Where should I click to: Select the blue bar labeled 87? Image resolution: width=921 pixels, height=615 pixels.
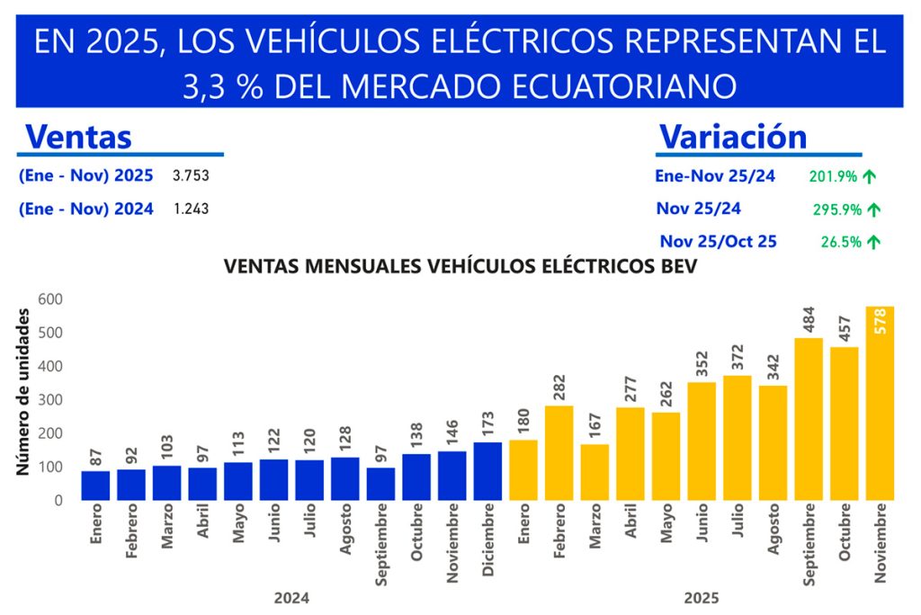[x=95, y=485]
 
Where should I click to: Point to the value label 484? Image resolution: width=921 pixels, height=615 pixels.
[x=809, y=320]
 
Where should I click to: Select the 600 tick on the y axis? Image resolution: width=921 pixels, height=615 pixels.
[x=50, y=299]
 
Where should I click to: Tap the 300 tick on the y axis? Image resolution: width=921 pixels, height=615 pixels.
[x=50, y=399]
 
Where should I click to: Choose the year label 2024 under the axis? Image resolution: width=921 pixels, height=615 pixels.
[x=292, y=596]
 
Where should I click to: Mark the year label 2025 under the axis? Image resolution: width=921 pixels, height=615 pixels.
[x=702, y=596]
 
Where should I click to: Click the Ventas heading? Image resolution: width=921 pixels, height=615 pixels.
[x=79, y=137]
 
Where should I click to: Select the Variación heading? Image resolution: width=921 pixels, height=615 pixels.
[x=733, y=136]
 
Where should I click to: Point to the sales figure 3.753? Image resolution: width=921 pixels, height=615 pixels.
[x=191, y=175]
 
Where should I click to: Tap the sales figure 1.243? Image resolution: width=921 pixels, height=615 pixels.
[x=191, y=209]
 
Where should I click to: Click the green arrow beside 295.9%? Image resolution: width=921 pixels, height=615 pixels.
[x=873, y=209]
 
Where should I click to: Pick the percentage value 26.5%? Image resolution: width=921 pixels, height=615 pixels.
[x=840, y=242]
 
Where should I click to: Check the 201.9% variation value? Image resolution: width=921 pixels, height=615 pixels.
[x=833, y=176]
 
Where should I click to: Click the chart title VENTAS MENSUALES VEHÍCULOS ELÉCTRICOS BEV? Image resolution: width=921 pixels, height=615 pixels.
[x=460, y=267]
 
